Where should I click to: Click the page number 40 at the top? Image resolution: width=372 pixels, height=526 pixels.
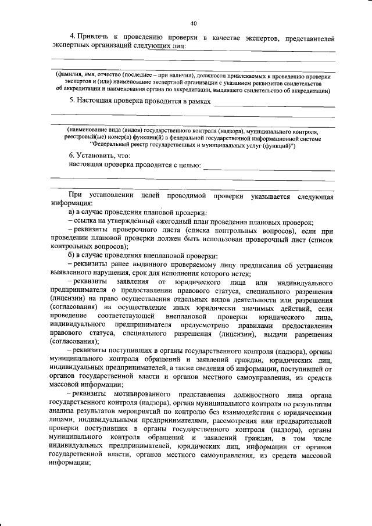tap(193, 23)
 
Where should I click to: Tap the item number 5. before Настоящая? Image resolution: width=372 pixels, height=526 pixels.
tap(71, 101)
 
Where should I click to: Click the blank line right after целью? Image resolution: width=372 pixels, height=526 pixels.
tap(270, 168)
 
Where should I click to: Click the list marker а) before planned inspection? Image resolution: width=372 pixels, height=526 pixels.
tap(71, 213)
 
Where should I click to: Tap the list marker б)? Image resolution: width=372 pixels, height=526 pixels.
tap(71, 256)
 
